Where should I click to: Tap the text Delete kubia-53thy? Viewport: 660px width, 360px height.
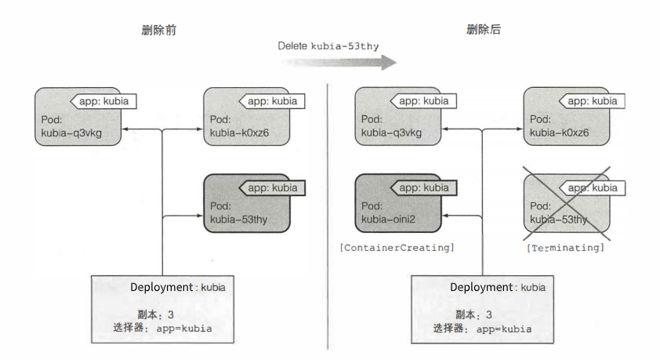tap(328, 46)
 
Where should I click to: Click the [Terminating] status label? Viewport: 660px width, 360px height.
tap(565, 247)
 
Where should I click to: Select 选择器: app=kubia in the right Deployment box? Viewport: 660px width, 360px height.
tap(482, 329)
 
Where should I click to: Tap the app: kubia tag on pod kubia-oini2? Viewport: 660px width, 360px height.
tap(421, 187)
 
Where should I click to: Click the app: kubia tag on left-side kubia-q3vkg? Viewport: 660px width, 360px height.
tap(101, 101)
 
